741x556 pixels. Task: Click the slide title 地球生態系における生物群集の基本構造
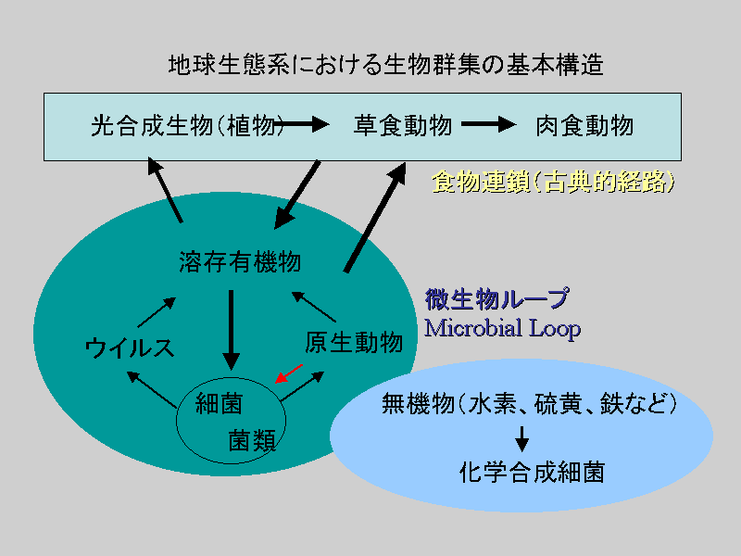[x=385, y=65]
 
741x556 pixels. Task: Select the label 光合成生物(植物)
[x=188, y=126]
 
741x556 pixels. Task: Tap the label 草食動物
[x=403, y=126]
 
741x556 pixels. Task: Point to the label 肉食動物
[x=584, y=126]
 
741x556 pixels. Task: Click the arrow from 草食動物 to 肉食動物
[x=489, y=124]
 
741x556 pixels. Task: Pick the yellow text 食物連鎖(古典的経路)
[x=553, y=182]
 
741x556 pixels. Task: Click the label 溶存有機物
[x=240, y=261]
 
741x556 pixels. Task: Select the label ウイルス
[x=130, y=348]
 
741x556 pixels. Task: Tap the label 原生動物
[x=354, y=342]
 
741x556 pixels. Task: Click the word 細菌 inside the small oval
[x=219, y=404]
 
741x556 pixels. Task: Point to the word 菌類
[x=252, y=441]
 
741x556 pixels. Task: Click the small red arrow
[x=289, y=373]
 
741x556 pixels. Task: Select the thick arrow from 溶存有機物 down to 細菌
[x=231, y=330]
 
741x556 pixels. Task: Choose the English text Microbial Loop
[x=502, y=328]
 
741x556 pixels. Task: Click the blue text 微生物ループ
[x=497, y=299]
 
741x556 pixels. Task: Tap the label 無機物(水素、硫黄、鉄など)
[x=529, y=404]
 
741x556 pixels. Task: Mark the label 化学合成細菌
[x=532, y=473]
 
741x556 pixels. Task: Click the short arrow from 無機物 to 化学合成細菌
[x=521, y=439]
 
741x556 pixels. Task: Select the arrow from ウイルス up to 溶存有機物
[x=157, y=312]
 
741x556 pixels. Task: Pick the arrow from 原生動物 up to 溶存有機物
[x=314, y=307]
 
